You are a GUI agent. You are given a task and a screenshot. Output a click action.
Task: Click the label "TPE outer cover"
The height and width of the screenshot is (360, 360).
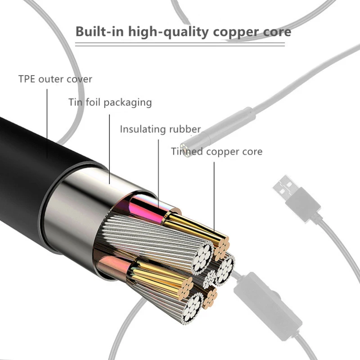click(55, 79)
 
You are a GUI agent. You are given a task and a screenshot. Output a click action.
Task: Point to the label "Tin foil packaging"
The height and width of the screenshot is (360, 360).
click(110, 103)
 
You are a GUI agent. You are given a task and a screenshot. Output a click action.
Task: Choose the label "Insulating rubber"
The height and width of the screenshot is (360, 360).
click(160, 130)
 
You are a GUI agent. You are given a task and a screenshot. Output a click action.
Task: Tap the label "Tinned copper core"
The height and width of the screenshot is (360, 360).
click(216, 152)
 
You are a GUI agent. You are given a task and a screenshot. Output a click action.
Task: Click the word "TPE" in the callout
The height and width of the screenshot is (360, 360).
click(27, 79)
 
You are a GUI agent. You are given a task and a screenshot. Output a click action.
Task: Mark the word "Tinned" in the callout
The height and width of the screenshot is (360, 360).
click(187, 152)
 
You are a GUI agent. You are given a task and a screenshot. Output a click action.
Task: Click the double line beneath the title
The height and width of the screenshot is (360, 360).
click(180, 44)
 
